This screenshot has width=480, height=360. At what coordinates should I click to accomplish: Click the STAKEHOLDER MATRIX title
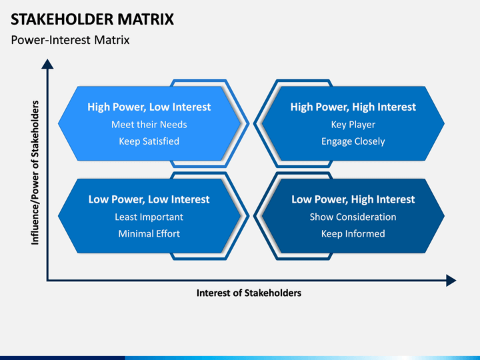click(x=92, y=19)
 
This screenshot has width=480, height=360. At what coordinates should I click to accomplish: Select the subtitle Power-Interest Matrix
click(x=70, y=40)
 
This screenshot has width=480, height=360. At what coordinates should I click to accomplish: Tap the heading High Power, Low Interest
click(x=149, y=107)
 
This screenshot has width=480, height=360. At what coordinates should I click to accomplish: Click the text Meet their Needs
click(x=149, y=124)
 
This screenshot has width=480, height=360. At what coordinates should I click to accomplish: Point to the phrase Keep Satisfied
click(x=149, y=141)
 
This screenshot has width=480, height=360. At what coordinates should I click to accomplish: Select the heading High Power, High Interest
click(x=353, y=107)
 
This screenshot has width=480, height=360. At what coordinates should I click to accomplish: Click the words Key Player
click(x=353, y=125)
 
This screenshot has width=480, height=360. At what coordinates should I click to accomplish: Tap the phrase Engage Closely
click(x=353, y=141)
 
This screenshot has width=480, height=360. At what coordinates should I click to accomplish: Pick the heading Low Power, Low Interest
click(x=149, y=199)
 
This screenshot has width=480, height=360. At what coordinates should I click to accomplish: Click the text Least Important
click(x=149, y=217)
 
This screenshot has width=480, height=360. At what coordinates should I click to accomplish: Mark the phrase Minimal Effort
click(x=149, y=233)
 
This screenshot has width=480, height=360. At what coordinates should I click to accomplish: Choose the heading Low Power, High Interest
click(x=353, y=199)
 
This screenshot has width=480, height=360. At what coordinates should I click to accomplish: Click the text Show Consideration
click(x=353, y=217)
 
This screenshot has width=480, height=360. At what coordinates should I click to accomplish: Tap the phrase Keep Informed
click(x=353, y=233)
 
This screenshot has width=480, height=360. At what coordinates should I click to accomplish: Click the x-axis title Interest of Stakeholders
click(x=249, y=293)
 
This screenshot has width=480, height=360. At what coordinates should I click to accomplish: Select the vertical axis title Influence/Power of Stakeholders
click(x=35, y=173)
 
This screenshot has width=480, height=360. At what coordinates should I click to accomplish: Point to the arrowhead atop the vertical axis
click(x=47, y=64)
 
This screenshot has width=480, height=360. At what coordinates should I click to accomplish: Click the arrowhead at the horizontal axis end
click(x=451, y=281)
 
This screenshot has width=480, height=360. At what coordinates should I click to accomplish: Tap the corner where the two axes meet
click(x=47, y=280)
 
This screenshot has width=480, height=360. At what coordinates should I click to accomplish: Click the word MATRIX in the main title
click(x=146, y=19)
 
